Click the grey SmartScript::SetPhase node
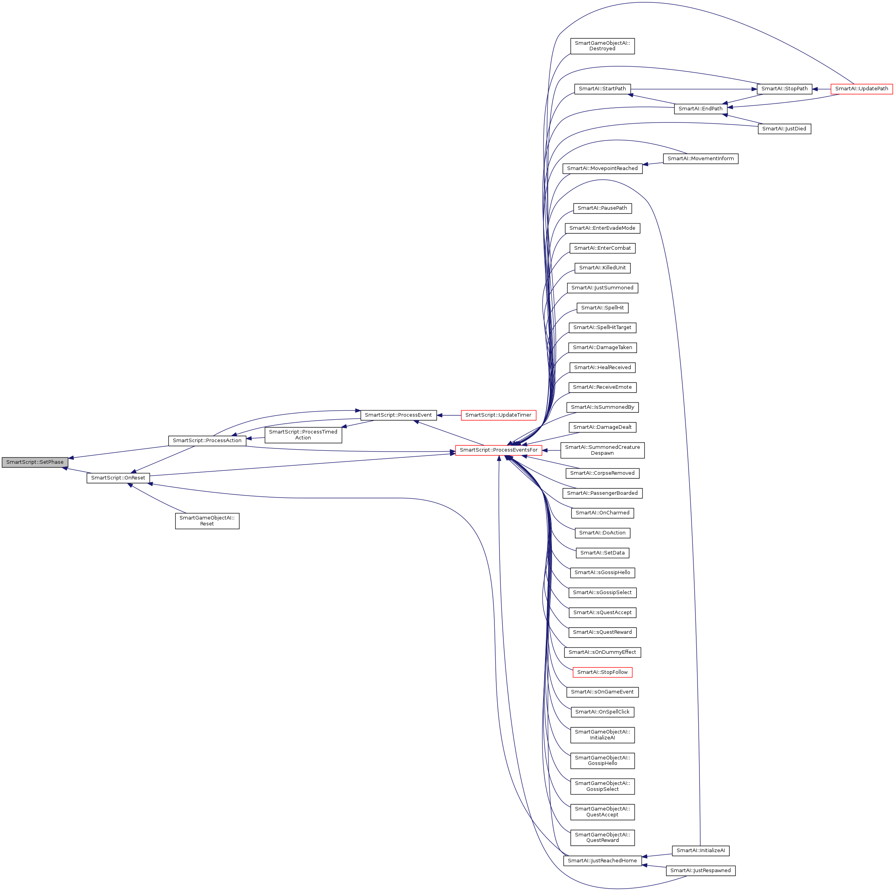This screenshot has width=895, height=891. (35, 462)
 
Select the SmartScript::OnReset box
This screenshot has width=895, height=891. (118, 478)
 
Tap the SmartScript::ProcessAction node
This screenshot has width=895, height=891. (207, 441)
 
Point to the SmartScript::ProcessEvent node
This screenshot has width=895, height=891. (398, 415)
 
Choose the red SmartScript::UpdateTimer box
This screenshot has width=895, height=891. (498, 415)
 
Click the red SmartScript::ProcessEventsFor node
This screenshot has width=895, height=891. (498, 450)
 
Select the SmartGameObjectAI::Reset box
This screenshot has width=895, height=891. (207, 521)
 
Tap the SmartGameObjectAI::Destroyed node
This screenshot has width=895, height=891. (602, 46)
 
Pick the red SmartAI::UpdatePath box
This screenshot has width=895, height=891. (862, 88)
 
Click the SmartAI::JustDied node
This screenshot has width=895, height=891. (784, 129)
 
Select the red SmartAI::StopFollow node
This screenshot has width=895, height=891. (602, 672)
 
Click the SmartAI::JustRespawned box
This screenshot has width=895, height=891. (701, 871)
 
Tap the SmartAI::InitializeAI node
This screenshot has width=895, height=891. (701, 851)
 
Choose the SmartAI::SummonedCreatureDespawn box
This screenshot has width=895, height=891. (602, 450)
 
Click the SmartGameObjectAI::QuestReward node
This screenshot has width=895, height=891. (602, 837)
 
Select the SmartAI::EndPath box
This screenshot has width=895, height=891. (701, 109)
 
